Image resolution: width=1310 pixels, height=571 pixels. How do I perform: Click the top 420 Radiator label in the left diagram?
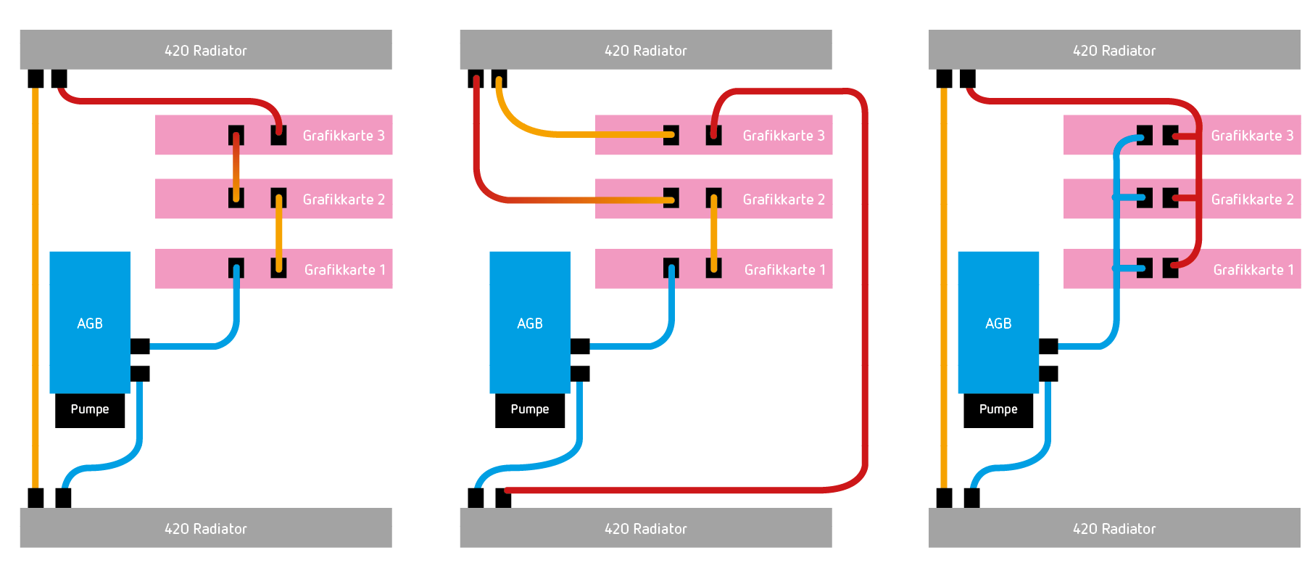[x=206, y=51]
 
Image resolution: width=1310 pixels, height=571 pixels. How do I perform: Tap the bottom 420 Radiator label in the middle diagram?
[x=645, y=529]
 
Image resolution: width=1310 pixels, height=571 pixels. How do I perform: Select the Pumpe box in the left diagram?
[x=90, y=410]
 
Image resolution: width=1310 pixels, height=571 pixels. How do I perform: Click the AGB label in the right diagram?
[x=998, y=324]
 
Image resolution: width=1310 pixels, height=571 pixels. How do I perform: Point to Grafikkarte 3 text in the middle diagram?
[x=784, y=136]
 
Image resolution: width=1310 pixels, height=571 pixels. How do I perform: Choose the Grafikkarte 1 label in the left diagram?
[x=344, y=270]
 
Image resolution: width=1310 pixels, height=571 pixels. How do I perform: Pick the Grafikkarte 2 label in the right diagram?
[x=1252, y=200]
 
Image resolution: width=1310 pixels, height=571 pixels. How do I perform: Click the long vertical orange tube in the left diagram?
[x=35, y=290]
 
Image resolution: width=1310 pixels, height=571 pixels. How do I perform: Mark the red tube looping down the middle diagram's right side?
[x=864, y=290]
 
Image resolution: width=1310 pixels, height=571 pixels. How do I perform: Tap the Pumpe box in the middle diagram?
[x=530, y=410]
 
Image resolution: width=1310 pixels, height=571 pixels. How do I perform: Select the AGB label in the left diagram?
[x=90, y=324]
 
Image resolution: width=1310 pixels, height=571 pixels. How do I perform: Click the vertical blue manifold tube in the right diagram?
[x=1116, y=232]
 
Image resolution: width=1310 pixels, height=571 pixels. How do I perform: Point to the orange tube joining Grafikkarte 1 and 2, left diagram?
[x=279, y=232]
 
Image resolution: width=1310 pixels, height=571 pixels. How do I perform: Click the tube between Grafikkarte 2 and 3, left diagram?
[x=236, y=167]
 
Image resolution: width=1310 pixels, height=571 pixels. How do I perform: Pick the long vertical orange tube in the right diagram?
[x=943, y=290]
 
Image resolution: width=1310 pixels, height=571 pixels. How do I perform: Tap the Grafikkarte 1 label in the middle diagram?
[x=784, y=270]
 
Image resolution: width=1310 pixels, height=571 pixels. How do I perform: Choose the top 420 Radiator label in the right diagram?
[x=1114, y=51]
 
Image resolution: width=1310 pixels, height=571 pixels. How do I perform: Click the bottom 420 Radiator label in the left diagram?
[x=206, y=529]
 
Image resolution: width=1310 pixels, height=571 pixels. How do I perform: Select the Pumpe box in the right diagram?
[x=998, y=410]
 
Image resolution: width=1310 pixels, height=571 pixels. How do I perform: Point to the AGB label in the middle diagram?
[x=530, y=324]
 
